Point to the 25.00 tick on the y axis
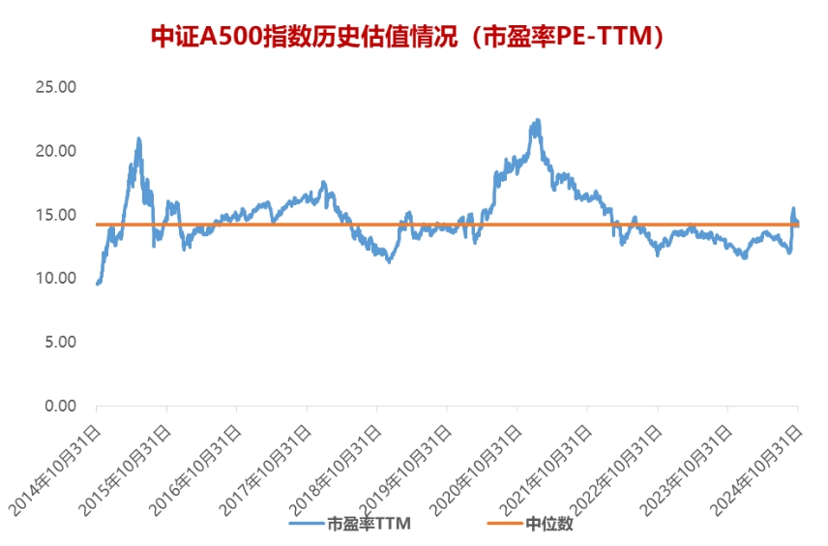pyautogui.click(x=55, y=87)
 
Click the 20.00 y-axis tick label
pyautogui.click(x=55, y=151)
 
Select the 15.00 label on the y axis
pyautogui.click(x=55, y=215)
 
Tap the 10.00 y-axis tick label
pyautogui.click(x=55, y=279)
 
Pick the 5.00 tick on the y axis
pyautogui.click(x=60, y=342)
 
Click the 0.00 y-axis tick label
pyautogui.click(x=60, y=406)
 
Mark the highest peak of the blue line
pyautogui.click(x=537, y=120)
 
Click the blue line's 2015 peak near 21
pyautogui.click(x=139, y=138)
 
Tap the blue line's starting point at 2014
pyautogui.click(x=97, y=284)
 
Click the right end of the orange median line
pyautogui.click(x=798, y=225)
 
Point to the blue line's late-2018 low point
pyautogui.click(x=389, y=261)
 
